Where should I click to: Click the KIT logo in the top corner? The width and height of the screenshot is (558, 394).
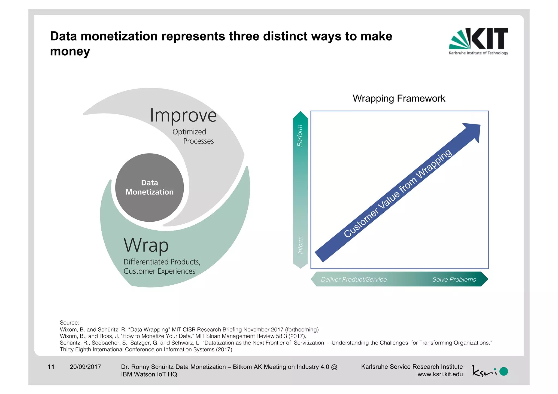[478, 41]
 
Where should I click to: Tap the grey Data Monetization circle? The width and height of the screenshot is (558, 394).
[149, 188]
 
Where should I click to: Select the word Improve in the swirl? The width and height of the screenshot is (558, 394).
[183, 115]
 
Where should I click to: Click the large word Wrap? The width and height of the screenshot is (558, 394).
[146, 245]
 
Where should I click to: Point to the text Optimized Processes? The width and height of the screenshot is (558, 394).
[193, 136]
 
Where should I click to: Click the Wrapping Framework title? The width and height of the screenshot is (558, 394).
[399, 98]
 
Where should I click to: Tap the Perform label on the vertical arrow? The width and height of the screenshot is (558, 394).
[300, 135]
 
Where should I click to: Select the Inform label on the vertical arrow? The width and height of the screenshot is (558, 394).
[300, 245]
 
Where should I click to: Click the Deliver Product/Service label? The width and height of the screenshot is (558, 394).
[354, 279]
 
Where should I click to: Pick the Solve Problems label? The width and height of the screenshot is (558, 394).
[454, 279]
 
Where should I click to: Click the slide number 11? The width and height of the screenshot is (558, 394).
[51, 367]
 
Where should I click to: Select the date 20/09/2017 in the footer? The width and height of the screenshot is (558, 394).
[85, 367]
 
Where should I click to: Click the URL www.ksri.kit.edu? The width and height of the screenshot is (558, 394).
[440, 374]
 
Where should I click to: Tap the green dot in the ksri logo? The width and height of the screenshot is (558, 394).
[504, 371]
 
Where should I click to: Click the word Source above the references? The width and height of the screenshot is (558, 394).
[69, 323]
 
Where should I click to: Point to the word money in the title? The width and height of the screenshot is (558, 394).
[70, 51]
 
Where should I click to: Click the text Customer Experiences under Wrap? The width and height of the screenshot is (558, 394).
[159, 271]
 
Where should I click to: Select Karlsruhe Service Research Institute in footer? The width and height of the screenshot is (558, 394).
[412, 366]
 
